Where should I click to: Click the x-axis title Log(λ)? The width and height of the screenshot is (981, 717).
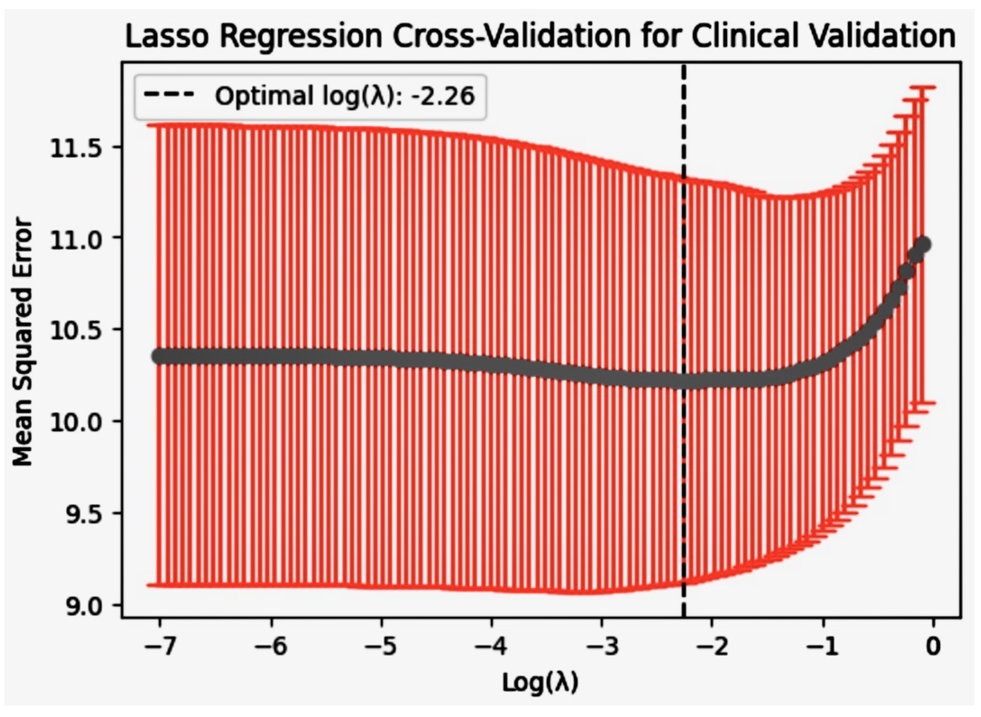541,682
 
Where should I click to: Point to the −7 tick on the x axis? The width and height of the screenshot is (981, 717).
160,648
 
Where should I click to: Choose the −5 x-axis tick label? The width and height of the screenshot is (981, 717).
381,648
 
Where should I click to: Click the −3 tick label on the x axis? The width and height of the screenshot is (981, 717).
601,648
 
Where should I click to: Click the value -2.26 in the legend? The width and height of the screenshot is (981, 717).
442,96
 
